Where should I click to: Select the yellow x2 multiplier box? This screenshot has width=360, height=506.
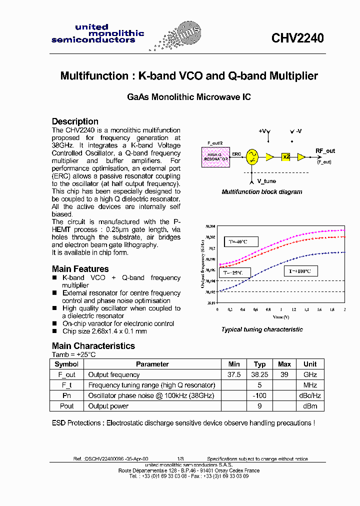tap(286, 157)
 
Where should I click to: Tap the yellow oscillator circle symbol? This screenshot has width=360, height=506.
tap(252, 157)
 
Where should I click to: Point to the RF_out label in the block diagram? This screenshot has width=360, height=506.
tap(325, 151)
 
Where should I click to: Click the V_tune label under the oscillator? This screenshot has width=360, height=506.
tap(266, 181)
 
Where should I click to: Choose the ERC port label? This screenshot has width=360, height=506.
tap(236, 153)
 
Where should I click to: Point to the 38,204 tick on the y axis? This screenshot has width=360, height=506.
tap(210, 226)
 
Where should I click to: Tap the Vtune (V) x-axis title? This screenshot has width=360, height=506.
tap(281, 317)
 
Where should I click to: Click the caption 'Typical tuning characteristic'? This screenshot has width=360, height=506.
tap(262, 329)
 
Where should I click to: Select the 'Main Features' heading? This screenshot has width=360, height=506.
tap(80, 269)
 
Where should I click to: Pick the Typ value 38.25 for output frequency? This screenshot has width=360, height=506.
tap(259, 374)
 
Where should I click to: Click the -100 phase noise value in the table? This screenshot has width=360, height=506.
tap(259, 395)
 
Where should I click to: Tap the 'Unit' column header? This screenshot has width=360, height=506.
tap(310, 364)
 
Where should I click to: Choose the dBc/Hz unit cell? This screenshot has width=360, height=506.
tap(310, 395)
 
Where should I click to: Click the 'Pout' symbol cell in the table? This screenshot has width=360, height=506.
tap(66, 406)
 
